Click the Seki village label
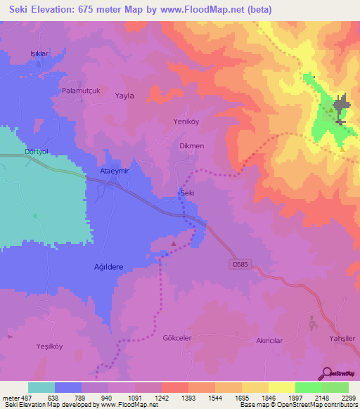[x=187, y=193]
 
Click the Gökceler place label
[x=177, y=337]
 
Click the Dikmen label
[x=192, y=146]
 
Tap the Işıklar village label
[x=39, y=53]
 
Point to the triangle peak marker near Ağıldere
[x=174, y=243]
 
